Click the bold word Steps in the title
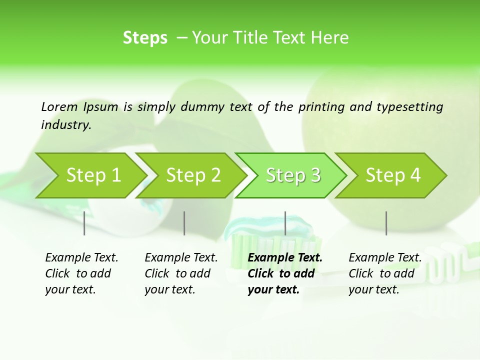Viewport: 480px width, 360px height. click(x=145, y=38)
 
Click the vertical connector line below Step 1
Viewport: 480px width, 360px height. click(x=84, y=223)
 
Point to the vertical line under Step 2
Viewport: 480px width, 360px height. click(x=184, y=223)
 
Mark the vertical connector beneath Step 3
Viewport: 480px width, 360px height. click(x=285, y=223)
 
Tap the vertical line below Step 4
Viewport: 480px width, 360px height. click(x=386, y=223)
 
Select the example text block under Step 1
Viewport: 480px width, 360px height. click(x=81, y=273)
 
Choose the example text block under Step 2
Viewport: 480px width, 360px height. click(x=181, y=273)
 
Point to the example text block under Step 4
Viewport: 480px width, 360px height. click(x=385, y=273)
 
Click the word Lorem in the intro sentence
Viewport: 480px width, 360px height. click(x=59, y=107)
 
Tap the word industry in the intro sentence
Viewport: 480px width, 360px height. click(x=66, y=125)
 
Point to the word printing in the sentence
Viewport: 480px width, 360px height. click(x=322, y=107)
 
